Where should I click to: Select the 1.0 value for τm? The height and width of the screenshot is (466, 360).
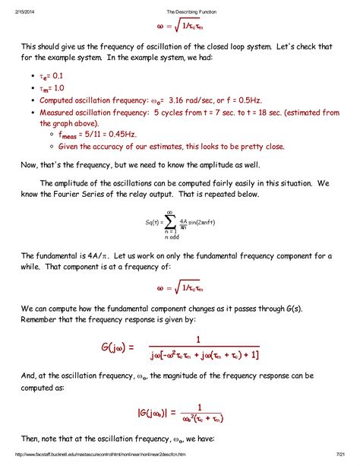(x=63, y=88)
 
